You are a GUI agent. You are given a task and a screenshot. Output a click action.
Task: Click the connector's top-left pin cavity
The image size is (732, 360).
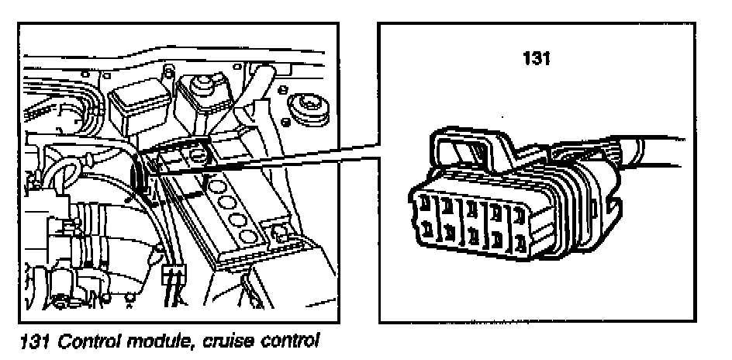(427, 203)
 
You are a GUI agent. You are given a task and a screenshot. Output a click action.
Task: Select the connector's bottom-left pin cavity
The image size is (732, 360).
(427, 229)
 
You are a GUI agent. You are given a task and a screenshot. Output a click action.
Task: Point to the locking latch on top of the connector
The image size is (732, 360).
(465, 151)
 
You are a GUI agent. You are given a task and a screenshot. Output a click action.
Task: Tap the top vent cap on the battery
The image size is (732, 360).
(216, 186)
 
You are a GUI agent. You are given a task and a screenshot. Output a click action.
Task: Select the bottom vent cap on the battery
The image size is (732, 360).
(250, 235)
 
